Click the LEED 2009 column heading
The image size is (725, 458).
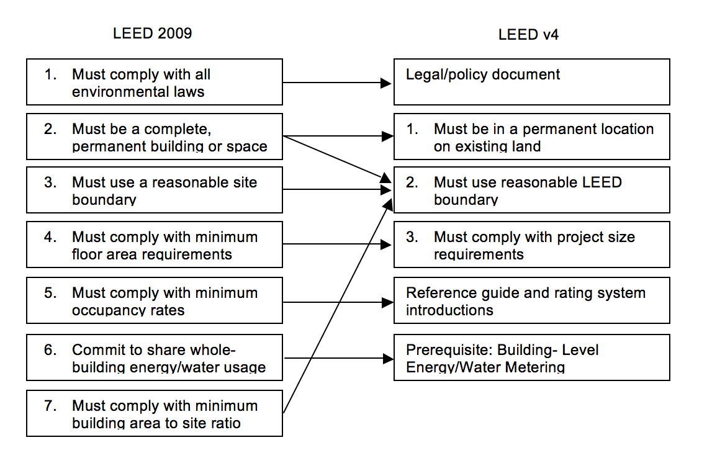click(x=152, y=34)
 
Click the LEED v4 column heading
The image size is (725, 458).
click(x=528, y=35)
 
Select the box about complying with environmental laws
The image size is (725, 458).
click(x=154, y=83)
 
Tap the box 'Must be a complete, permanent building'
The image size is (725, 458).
click(x=154, y=137)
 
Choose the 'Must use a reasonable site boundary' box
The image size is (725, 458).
click(x=154, y=191)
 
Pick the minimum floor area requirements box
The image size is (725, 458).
click(x=154, y=245)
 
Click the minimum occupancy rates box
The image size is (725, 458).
click(x=154, y=301)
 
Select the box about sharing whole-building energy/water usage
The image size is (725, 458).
click(x=154, y=358)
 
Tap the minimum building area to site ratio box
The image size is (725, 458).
click(x=154, y=414)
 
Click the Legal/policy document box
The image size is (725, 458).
click(x=531, y=82)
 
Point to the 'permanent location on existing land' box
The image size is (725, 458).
click(x=531, y=137)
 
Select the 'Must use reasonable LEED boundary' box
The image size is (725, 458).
click(x=531, y=190)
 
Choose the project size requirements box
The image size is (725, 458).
click(x=531, y=245)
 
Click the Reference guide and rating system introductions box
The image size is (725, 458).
click(x=531, y=300)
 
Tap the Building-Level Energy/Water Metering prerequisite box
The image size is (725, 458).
click(x=531, y=357)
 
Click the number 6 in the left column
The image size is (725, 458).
click(x=50, y=350)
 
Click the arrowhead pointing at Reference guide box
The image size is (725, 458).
click(x=388, y=302)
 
